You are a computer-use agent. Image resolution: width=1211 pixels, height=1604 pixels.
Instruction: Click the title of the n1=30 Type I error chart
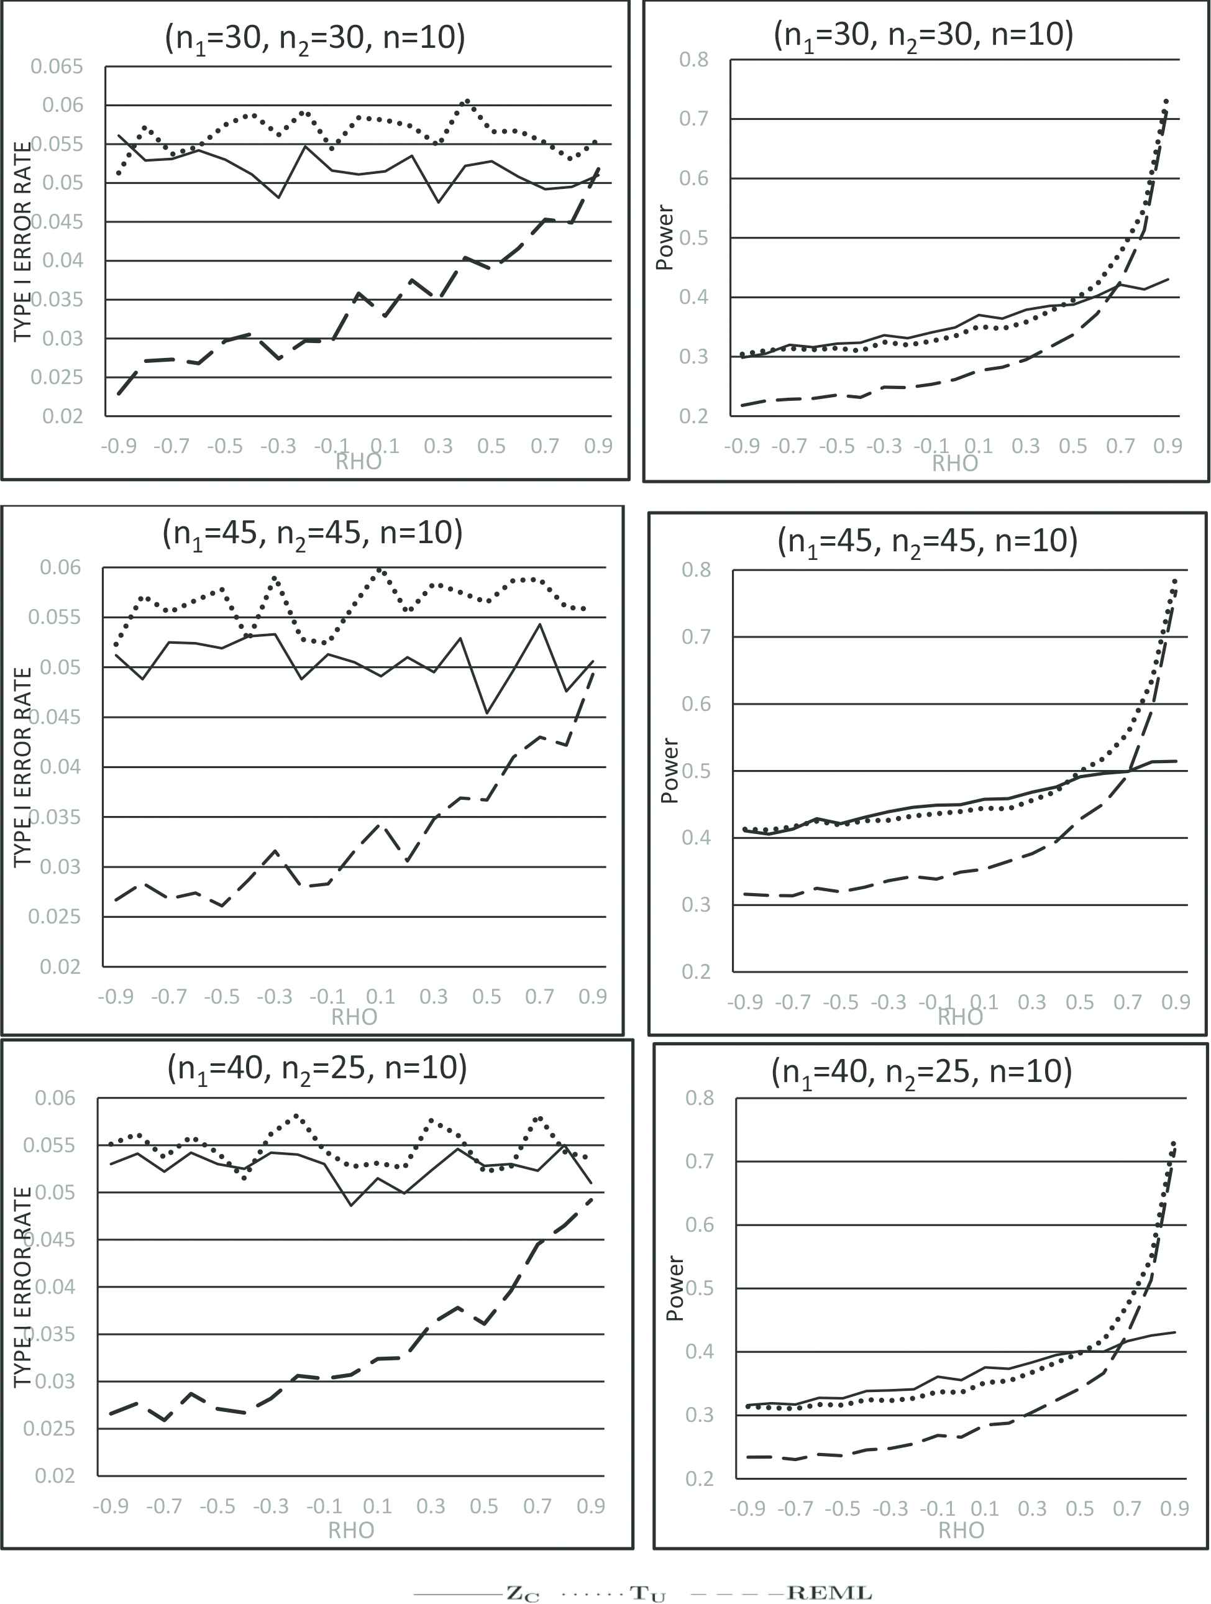[315, 38]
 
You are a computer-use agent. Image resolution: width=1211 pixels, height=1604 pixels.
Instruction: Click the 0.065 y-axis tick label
[57, 66]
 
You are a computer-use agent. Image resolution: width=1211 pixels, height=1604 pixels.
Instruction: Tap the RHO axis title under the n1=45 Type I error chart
[354, 1017]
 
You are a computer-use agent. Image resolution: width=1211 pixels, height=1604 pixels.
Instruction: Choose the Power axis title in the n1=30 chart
[664, 237]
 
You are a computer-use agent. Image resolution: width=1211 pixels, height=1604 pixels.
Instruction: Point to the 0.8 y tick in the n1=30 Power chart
[693, 60]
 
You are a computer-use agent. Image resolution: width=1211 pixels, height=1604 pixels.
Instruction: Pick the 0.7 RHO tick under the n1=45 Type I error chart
[539, 996]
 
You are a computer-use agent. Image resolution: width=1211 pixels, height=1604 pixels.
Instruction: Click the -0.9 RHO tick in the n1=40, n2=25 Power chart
[747, 1508]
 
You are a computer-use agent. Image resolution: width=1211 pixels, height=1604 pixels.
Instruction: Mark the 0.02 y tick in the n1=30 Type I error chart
[62, 416]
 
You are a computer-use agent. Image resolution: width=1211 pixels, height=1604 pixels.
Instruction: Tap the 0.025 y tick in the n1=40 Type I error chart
[48, 1429]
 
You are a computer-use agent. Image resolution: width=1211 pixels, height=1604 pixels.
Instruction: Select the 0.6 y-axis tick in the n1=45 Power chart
[696, 703]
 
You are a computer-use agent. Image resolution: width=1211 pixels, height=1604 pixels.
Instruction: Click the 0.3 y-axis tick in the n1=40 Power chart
[700, 1414]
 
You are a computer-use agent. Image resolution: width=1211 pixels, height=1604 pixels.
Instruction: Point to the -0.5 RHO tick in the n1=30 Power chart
[837, 446]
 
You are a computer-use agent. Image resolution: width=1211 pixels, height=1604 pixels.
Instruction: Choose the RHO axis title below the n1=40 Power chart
[961, 1530]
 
